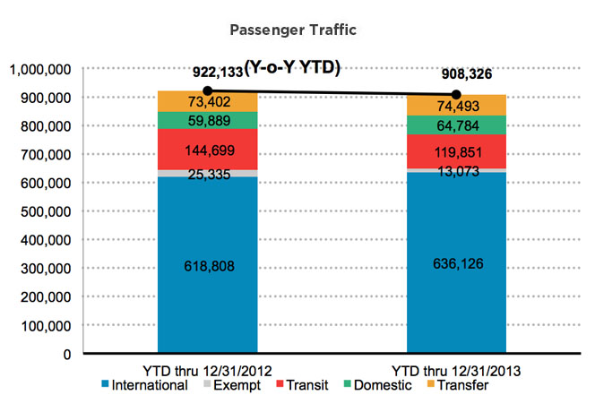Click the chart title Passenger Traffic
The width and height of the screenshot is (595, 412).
(x=293, y=30)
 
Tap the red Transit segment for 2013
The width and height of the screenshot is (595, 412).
(x=456, y=150)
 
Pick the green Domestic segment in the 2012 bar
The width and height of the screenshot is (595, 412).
(x=208, y=120)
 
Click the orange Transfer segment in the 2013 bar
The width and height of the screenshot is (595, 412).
(x=456, y=105)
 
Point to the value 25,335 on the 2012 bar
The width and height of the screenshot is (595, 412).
(x=208, y=175)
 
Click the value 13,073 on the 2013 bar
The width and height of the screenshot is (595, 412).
(x=456, y=171)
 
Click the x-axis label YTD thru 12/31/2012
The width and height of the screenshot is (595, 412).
(x=207, y=369)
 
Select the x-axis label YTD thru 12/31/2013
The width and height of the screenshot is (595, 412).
(x=457, y=369)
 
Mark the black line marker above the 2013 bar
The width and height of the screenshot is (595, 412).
(x=456, y=94)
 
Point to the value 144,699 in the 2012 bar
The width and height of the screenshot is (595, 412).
(x=208, y=148)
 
